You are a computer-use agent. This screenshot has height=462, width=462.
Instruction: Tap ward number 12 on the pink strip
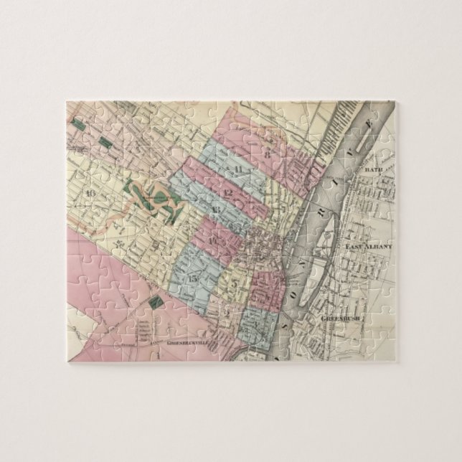coord(229,193)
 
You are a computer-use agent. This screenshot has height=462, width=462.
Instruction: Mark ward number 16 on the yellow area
coord(90,192)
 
